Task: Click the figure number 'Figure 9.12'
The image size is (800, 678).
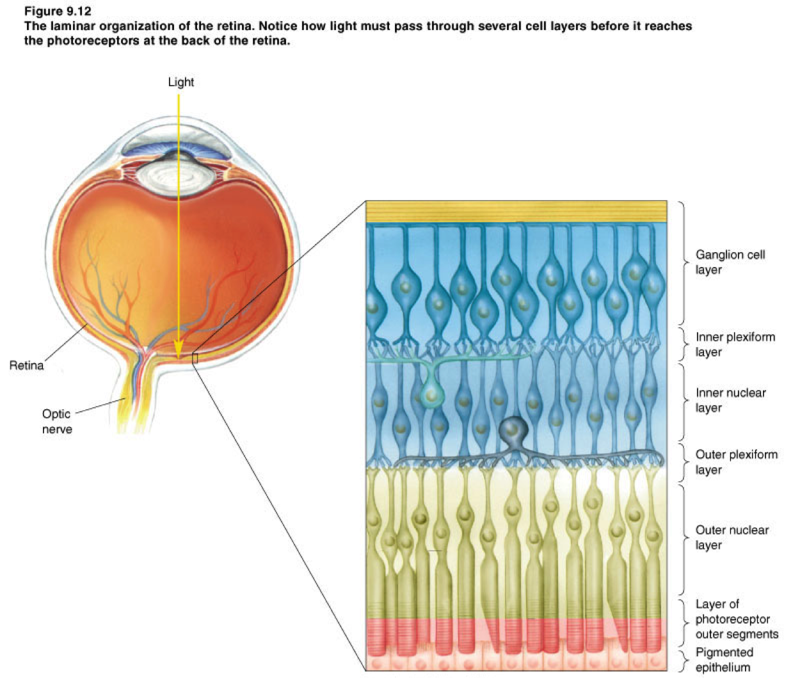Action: [58, 12]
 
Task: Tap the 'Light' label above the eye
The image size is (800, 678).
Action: [180, 82]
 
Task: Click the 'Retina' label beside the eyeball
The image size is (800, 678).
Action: [26, 366]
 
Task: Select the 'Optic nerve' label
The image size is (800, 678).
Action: [57, 421]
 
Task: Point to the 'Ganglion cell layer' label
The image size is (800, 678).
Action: [730, 262]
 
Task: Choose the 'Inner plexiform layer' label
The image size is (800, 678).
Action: [735, 344]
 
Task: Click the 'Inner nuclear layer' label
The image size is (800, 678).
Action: [730, 400]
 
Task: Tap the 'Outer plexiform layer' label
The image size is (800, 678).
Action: [736, 462]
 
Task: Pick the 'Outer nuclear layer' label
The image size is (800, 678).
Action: [732, 537]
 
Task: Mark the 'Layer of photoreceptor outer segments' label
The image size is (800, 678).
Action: [737, 619]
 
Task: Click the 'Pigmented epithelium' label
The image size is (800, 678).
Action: [724, 659]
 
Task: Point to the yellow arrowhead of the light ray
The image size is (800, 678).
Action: [179, 349]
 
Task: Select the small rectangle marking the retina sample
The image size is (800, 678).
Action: [195, 359]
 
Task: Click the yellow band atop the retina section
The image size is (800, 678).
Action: [516, 211]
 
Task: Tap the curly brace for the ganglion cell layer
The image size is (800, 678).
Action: [684, 262]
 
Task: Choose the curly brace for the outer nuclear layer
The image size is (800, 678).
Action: [684, 540]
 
